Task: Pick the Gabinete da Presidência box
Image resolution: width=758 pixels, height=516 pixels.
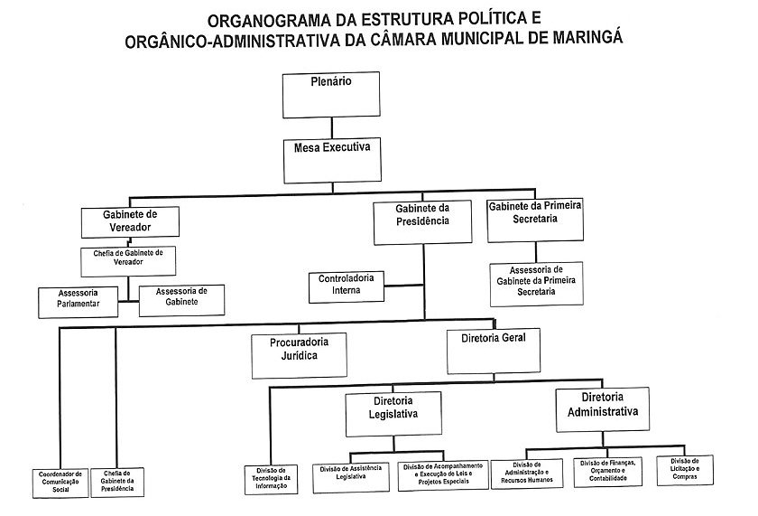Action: coord(421,222)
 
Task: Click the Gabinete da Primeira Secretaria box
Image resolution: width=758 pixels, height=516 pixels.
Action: coord(534,220)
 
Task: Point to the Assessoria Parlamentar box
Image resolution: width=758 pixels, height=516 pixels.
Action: coord(79,301)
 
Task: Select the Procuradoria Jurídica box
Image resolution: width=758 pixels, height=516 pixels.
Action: coord(299,352)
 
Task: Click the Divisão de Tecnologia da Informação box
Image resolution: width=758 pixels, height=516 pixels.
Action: coord(271,478)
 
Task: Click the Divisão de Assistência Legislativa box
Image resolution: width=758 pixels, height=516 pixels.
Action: coord(349,474)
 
